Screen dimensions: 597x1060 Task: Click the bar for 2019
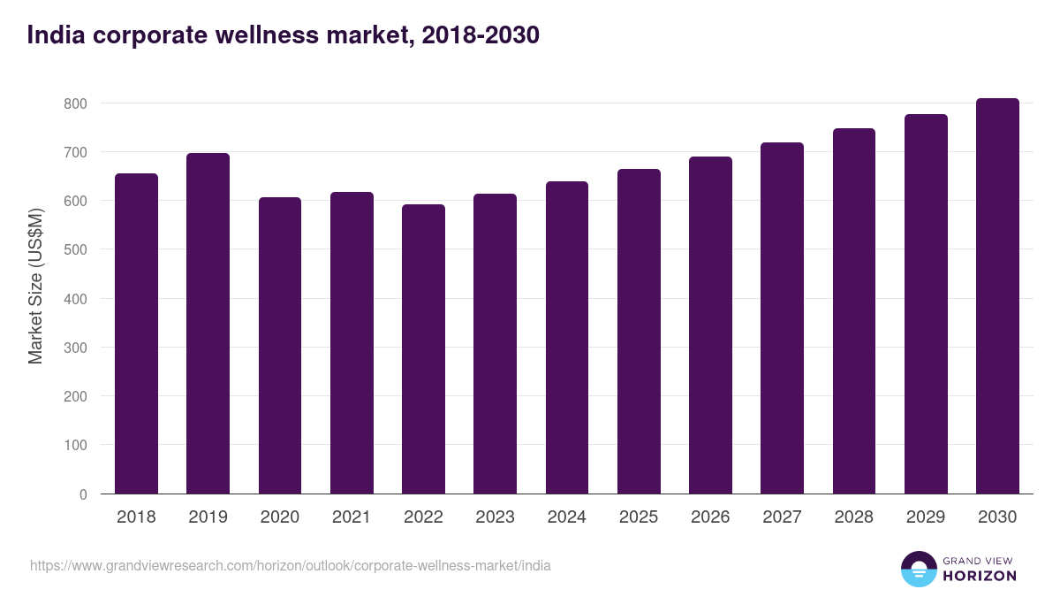click(x=208, y=324)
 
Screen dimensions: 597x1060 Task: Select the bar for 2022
click(x=423, y=349)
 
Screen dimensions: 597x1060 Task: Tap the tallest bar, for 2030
click(x=997, y=296)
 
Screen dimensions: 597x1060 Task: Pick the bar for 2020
click(x=280, y=346)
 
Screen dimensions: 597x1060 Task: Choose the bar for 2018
click(x=136, y=333)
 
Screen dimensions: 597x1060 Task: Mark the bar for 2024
click(x=567, y=338)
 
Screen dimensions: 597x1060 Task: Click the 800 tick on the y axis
click(x=77, y=103)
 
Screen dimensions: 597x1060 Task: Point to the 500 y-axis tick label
click(x=77, y=250)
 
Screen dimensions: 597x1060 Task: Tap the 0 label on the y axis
click(x=84, y=494)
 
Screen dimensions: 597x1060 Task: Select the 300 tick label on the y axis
click(x=77, y=348)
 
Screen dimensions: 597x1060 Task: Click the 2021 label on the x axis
click(x=352, y=517)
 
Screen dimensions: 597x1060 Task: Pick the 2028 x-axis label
click(x=854, y=517)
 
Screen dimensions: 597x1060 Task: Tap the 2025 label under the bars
click(x=639, y=517)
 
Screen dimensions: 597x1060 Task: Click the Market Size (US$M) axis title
click(x=35, y=286)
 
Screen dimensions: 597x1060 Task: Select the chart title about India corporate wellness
click(x=283, y=35)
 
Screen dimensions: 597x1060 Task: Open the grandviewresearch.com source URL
click(x=291, y=565)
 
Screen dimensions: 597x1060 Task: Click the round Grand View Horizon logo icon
click(x=919, y=569)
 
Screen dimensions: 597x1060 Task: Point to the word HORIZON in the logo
click(x=979, y=576)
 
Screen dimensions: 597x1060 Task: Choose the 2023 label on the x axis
click(x=495, y=517)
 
